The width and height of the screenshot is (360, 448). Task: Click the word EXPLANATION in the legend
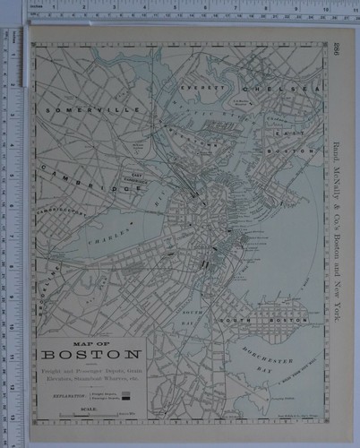[x=70, y=392]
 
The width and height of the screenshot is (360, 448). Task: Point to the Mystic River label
[x=219, y=109]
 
